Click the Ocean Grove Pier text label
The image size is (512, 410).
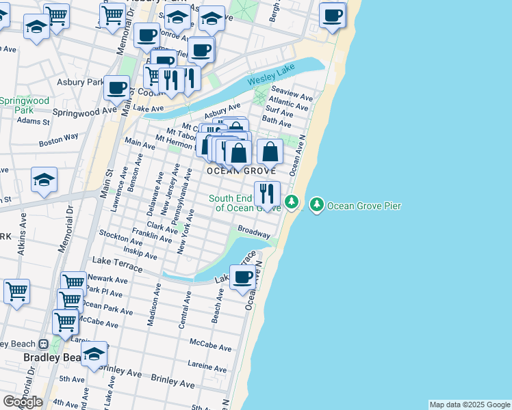363,205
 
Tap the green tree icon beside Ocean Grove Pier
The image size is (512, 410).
316,204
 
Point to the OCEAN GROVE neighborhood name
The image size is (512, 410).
242,170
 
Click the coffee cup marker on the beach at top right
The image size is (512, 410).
332,15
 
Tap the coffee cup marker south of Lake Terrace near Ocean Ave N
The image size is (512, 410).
243,277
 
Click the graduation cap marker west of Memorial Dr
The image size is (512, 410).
44,180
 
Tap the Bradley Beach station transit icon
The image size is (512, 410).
42,344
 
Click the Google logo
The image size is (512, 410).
23,402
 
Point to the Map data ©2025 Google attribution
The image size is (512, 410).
469,405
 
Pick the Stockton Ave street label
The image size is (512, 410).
120,237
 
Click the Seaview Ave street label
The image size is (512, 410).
291,90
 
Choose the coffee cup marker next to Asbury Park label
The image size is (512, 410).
117,87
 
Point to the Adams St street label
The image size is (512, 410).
34,122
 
